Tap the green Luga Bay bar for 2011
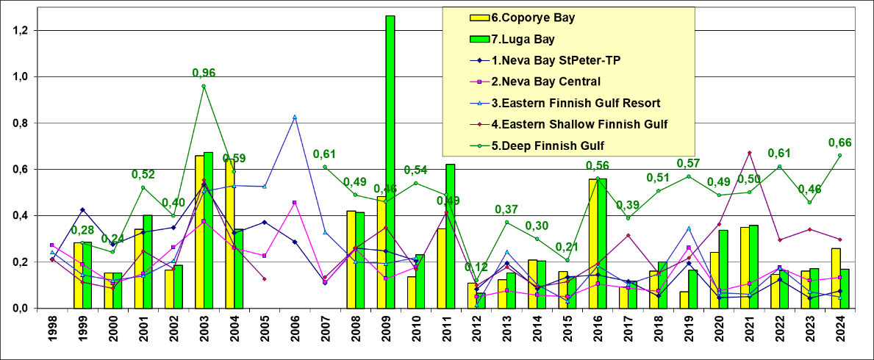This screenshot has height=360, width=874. click(450, 236)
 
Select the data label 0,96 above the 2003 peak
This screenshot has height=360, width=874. click(204, 73)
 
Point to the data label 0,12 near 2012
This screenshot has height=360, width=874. click(478, 267)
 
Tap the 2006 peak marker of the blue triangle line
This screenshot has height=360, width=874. click(295, 117)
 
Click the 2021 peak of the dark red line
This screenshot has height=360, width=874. click(749, 153)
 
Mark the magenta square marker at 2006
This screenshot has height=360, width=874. click(295, 203)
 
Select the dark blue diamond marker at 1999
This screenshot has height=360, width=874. click(82, 210)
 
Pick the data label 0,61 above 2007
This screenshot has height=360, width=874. click(325, 154)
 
